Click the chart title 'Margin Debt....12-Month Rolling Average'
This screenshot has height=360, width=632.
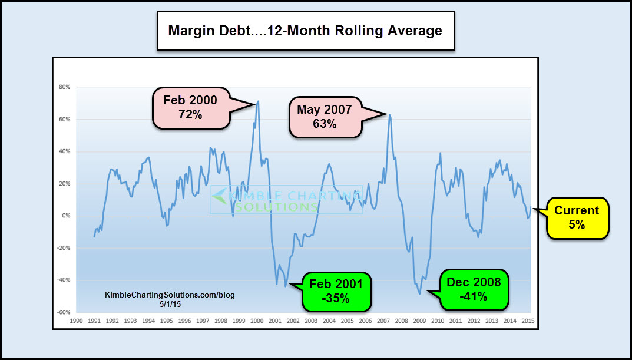coord(305,31)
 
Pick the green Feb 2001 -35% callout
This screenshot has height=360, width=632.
coord(337,290)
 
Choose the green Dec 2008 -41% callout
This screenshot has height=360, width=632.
coord(474,289)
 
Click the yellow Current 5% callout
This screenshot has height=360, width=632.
coord(577,217)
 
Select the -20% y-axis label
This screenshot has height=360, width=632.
coord(64,248)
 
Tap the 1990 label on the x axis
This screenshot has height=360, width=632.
coord(76,321)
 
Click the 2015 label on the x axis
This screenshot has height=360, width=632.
coord(528,321)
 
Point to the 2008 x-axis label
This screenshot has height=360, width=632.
coord(401,321)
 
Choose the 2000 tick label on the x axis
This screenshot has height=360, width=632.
coord(257,321)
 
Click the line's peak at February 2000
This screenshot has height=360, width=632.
coord(259,101)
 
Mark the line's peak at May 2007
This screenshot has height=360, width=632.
coord(389,115)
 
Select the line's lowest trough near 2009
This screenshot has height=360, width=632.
coord(420,293)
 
